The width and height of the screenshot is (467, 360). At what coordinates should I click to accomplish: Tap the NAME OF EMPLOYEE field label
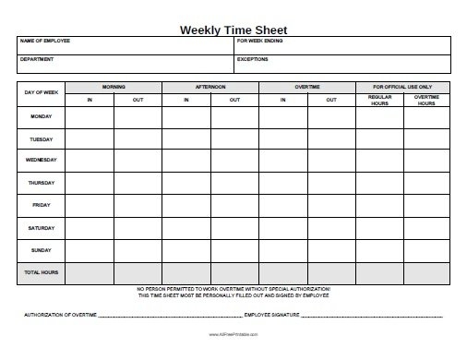[44, 42]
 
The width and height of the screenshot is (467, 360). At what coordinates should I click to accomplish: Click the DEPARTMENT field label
[37, 58]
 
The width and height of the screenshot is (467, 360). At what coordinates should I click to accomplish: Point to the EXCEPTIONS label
[253, 58]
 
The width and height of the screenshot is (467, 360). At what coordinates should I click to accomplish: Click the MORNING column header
[114, 87]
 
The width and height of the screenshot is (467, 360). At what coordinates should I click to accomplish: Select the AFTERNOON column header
[210, 87]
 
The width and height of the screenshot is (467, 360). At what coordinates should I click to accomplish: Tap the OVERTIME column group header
[307, 87]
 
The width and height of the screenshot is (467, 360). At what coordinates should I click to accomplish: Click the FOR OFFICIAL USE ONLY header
[402, 87]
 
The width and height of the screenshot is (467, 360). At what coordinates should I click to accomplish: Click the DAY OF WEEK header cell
[41, 93]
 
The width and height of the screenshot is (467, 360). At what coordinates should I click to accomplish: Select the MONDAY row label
[41, 117]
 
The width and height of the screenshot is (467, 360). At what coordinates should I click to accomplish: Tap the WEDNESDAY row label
[41, 161]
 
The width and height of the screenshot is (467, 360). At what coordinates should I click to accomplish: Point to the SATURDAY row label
[41, 227]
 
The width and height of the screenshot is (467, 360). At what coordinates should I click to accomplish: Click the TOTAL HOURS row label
[41, 272]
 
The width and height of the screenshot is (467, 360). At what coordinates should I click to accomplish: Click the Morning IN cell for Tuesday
[90, 139]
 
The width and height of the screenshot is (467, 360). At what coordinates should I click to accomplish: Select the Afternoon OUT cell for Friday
[234, 205]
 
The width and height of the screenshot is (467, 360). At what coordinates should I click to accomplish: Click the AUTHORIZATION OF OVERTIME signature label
[59, 316]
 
